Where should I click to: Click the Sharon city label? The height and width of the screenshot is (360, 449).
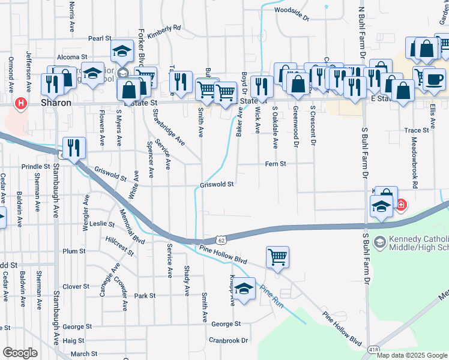56,103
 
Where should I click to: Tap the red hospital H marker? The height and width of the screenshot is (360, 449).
22,104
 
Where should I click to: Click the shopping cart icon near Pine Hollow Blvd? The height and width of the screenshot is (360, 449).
277,257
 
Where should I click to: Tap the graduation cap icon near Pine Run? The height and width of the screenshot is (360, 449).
244,289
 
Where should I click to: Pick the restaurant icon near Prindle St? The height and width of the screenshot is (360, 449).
74,147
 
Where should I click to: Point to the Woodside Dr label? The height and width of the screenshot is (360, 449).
291,10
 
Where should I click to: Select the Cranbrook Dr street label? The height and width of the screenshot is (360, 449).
229,340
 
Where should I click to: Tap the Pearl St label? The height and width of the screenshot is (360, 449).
100,38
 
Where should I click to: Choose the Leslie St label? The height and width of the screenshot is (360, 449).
102,224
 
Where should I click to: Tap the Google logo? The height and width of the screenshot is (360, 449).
19,353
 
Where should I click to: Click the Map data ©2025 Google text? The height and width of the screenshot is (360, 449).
411,355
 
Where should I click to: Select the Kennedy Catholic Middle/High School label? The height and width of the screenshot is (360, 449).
418,243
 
